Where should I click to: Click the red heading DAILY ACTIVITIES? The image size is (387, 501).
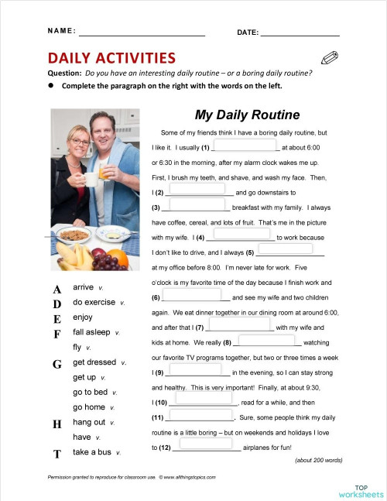click(x=111, y=58)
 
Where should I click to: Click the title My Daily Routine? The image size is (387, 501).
click(x=247, y=115)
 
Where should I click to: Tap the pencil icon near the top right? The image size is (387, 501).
click(x=330, y=58)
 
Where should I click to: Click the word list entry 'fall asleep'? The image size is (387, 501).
click(x=91, y=332)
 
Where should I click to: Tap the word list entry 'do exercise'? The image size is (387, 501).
click(x=94, y=302)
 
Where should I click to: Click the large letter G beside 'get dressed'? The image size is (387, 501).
click(x=57, y=363)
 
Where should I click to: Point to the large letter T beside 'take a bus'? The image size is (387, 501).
click(x=57, y=453)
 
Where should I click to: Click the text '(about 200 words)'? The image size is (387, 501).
click(x=318, y=460)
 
